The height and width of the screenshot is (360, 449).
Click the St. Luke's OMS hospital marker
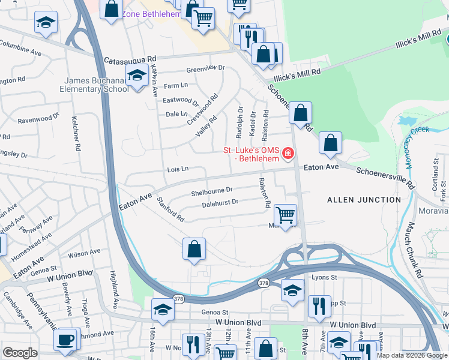tap(289, 154)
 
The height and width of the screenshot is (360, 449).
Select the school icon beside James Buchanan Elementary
tap(137, 76)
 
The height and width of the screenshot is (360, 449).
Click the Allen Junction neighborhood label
tap(364, 199)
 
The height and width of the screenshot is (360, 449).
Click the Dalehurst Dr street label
tap(220, 203)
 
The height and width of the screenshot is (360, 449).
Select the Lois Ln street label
tap(177, 169)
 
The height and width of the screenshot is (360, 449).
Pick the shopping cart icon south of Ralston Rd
tap(285, 214)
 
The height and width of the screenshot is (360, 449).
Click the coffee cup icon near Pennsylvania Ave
tap(65, 339)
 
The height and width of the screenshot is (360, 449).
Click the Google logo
tap(20, 353)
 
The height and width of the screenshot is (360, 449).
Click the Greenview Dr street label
tap(205, 68)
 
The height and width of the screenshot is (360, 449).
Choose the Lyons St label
tap(325, 277)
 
